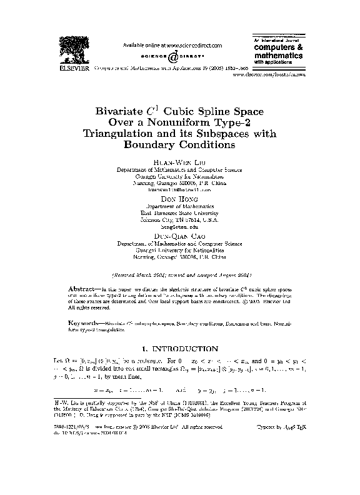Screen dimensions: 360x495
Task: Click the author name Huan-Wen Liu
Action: pos(179,162)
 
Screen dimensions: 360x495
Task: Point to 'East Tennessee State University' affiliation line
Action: pos(179,212)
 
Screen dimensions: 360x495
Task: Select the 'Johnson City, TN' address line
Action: pos(179,219)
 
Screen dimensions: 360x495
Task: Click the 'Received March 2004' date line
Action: pos(179,274)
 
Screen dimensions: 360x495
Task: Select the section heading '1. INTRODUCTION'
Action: pos(179,348)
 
